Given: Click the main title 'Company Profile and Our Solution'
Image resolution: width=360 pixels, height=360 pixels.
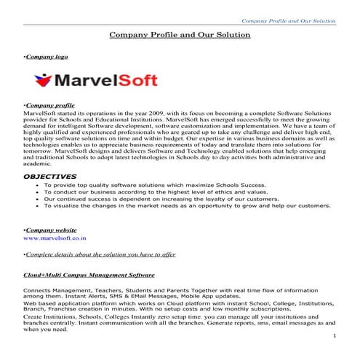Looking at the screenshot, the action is tap(180, 34).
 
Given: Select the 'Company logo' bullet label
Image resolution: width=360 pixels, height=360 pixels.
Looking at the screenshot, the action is tap(41, 56).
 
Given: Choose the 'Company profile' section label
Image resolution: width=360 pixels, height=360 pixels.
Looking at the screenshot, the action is tap(48, 106).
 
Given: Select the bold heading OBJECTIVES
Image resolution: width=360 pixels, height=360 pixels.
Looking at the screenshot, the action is tap(49, 176).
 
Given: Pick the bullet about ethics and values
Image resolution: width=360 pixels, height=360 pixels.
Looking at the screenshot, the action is tap(144, 191).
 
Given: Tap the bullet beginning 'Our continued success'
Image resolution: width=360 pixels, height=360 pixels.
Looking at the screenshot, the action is tap(151, 199).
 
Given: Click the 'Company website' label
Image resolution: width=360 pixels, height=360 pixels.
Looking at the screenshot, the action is tap(50, 230).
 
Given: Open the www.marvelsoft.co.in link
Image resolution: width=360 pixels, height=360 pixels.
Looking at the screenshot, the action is tap(55, 238).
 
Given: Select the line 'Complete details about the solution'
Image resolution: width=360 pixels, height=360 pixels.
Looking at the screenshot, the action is tap(89, 254).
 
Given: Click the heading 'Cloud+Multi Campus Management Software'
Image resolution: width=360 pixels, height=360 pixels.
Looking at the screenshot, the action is tap(88, 276).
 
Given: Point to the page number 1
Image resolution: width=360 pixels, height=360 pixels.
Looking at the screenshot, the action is tap(334, 336).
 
